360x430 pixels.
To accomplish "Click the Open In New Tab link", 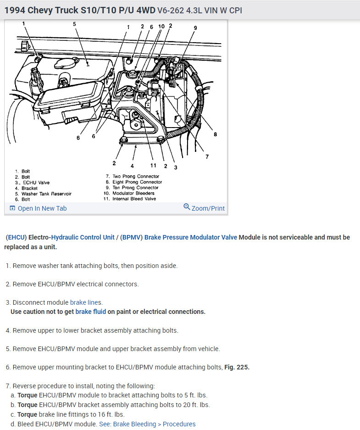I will pyautogui.click(x=42, y=208).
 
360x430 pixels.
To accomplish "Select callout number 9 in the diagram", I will pyautogui.click(x=195, y=28).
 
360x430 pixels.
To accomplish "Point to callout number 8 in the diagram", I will pyautogui.click(x=215, y=134).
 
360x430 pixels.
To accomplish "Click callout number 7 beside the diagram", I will pyautogui.click(x=207, y=156).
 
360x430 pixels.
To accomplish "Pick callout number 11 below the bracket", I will pyautogui.click(x=153, y=166).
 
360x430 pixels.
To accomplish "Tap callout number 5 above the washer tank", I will pyautogui.click(x=75, y=24).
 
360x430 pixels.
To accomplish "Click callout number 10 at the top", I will pyautogui.click(x=161, y=27).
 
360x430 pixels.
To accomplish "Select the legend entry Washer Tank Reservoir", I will pyautogui.click(x=46, y=194).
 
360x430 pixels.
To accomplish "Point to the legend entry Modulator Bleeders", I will pyautogui.click(x=133, y=193).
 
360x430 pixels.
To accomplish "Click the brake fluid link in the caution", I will pyautogui.click(x=91, y=312).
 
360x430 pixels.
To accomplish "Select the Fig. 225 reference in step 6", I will pyautogui.click(x=237, y=367).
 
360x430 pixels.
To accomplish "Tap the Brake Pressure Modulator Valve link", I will pyautogui.click(x=190, y=237).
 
